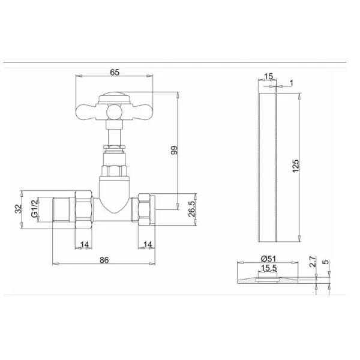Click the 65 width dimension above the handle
pos(115,72)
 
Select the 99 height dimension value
pos(174,150)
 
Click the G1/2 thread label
pos(34,208)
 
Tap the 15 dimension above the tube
pos(268,76)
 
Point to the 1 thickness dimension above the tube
pos(292,82)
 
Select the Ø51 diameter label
pos(268,258)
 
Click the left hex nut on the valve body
pos(83,208)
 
